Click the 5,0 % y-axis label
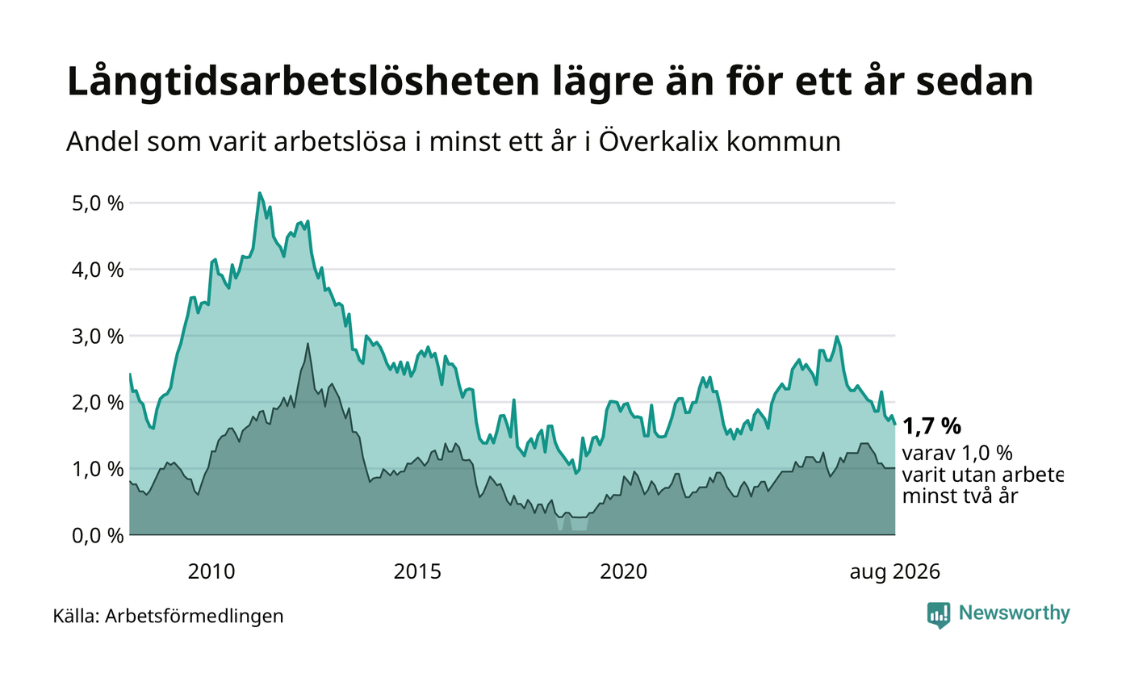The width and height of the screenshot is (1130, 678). (98, 203)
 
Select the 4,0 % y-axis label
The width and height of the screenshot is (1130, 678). (98, 270)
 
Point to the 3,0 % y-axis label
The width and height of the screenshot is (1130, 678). (98, 337)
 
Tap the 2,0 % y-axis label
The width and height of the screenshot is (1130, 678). (98, 403)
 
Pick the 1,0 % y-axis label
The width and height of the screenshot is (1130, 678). (98, 469)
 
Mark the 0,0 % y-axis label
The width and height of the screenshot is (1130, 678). (98, 536)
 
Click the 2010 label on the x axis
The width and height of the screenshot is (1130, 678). (211, 572)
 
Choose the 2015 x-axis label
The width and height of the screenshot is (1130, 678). (417, 572)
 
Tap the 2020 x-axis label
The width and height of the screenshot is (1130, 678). (623, 572)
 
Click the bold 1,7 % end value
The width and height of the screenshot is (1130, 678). (931, 427)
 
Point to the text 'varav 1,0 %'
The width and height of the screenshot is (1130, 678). (957, 454)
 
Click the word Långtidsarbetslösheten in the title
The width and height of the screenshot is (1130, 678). (303, 82)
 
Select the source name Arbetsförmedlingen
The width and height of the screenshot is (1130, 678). (195, 617)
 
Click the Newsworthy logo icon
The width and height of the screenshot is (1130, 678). (938, 615)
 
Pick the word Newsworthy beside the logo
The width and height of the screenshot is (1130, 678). (1014, 613)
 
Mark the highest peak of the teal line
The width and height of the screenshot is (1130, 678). (259, 193)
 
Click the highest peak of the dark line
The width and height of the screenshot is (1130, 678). (308, 344)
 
